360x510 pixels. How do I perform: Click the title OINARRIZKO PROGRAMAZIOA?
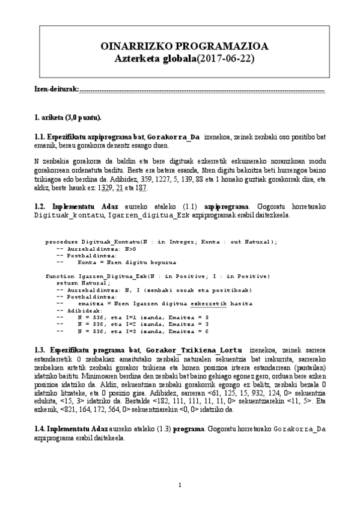pos(180,46)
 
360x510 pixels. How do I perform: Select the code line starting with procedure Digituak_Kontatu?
pos(161,241)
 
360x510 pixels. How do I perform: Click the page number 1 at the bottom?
pos(180,485)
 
